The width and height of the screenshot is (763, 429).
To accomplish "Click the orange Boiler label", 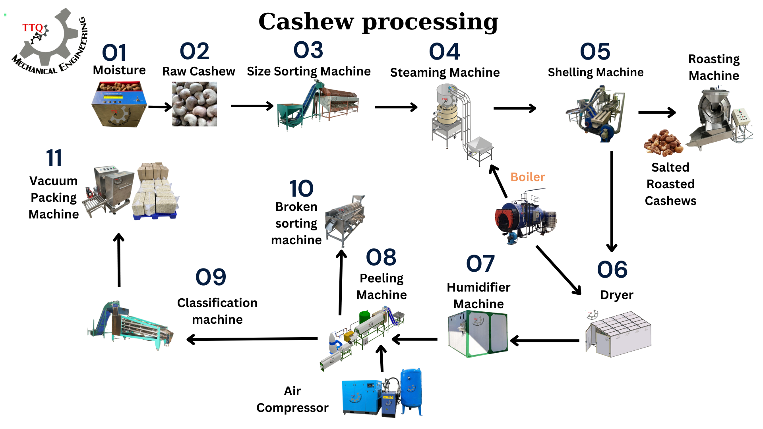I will click(x=527, y=177).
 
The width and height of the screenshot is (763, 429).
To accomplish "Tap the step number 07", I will click(x=480, y=264).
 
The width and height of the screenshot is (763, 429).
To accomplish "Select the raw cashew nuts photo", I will click(x=194, y=104).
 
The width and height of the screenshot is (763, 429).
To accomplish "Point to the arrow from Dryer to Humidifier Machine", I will click(x=544, y=340).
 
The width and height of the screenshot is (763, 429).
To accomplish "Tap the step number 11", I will click(x=54, y=158).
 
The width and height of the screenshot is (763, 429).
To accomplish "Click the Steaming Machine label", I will click(x=445, y=72).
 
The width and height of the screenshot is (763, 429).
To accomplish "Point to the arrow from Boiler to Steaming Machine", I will click(x=498, y=181).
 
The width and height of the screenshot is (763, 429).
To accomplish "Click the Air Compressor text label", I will click(x=292, y=399).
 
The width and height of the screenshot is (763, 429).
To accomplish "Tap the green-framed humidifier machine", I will click(x=478, y=334).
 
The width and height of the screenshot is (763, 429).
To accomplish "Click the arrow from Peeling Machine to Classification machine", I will click(x=252, y=339).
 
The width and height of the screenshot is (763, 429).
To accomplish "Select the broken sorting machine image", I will click(x=345, y=218).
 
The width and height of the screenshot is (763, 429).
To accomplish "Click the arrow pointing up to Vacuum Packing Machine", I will click(x=119, y=260).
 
